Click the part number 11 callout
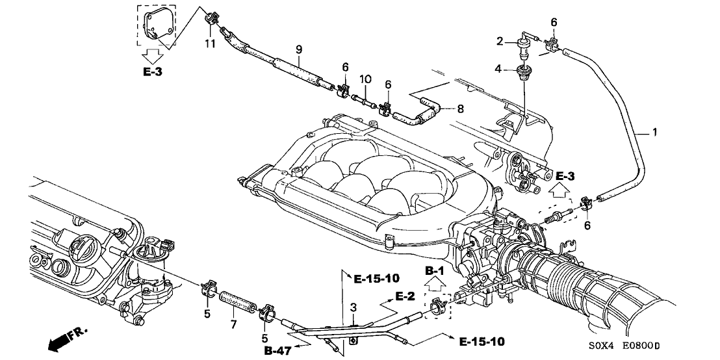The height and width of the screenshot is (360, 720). click(x=209, y=44)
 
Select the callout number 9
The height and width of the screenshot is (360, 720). click(x=298, y=48)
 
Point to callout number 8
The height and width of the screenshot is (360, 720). click(x=461, y=109)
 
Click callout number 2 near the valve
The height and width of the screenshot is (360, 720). click(x=500, y=42)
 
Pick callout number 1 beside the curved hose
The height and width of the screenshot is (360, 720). click(x=655, y=133)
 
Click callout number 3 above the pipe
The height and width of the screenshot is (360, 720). click(x=353, y=307)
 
